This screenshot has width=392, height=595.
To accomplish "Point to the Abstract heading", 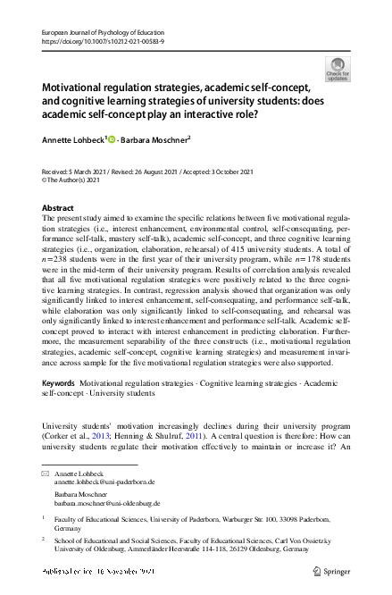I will tap(58, 207).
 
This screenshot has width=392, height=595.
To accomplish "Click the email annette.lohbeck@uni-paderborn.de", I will tap(104, 481).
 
